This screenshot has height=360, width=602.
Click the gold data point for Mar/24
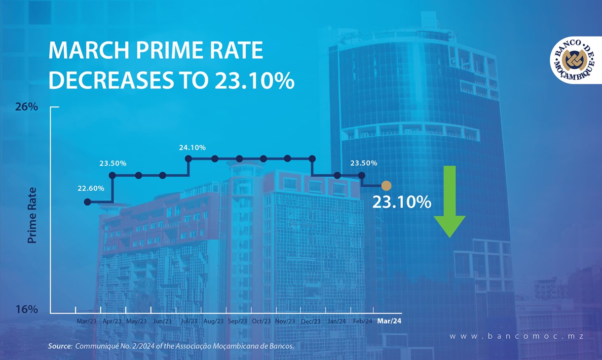point(386,186)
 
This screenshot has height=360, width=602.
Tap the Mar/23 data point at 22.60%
point(87,201)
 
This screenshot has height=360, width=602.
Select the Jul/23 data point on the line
point(188,159)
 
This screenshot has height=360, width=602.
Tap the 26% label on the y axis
point(26,107)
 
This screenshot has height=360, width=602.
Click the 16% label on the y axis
point(26,310)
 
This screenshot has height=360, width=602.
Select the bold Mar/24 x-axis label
point(389,321)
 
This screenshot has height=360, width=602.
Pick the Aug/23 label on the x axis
point(213,321)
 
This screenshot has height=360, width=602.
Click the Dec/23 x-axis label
point(310,321)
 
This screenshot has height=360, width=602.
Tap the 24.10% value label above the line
point(192,147)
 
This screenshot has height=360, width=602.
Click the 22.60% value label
point(90,188)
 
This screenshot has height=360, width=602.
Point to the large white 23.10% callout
point(402,202)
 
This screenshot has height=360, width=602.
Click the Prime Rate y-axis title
point(33,215)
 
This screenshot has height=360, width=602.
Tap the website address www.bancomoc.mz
point(517,336)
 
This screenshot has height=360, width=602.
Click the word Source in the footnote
point(59,346)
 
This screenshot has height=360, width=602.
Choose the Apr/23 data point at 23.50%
point(113,175)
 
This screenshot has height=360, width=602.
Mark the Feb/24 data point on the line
point(362,175)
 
